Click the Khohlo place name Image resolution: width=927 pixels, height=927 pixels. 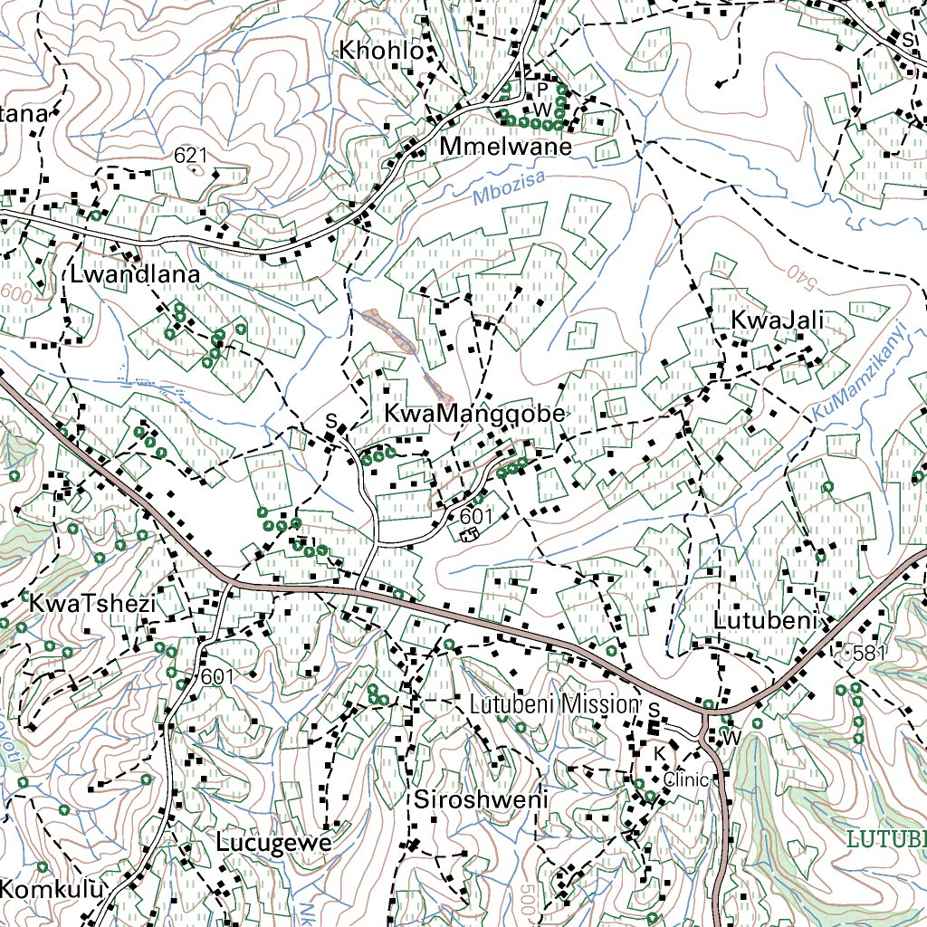click(x=380, y=52)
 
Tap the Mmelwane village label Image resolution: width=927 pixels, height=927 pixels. click(x=506, y=147)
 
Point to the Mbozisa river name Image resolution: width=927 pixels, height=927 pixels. click(x=509, y=186)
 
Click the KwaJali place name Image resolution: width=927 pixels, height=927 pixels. click(x=778, y=320)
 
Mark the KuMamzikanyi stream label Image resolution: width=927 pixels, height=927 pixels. click(x=859, y=371)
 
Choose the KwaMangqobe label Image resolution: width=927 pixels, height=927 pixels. click(x=474, y=414)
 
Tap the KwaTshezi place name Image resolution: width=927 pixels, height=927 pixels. click(x=92, y=603)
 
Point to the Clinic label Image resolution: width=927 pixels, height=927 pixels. click(x=683, y=779)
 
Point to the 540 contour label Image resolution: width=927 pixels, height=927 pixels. click(x=795, y=272)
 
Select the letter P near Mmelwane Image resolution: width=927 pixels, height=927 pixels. click(x=542, y=89)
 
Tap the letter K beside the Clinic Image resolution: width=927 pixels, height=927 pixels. click(x=660, y=753)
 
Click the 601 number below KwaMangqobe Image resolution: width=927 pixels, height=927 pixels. click(x=475, y=515)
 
